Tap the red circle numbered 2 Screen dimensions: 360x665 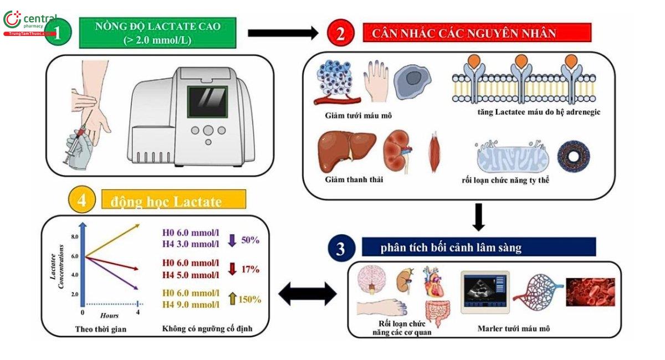(x=342, y=33)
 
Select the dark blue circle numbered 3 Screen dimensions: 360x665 (x=340, y=249)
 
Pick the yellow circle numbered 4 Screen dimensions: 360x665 (x=82, y=200)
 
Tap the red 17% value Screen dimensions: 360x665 (x=250, y=270)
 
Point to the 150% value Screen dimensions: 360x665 (x=249, y=299)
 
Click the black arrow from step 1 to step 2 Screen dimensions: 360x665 (x=283, y=33)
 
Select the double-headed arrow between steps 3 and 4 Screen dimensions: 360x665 (x=307, y=294)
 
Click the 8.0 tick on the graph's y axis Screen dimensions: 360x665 (x=74, y=236)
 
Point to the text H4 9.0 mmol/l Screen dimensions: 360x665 (x=190, y=304)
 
